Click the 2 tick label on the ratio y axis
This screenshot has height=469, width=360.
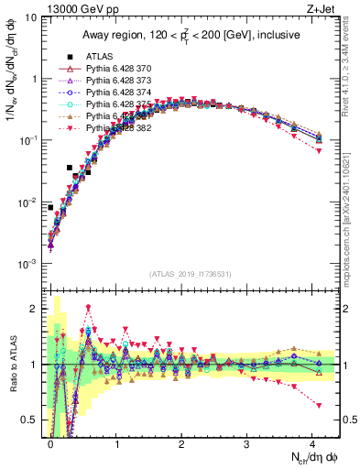pos(33,309)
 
